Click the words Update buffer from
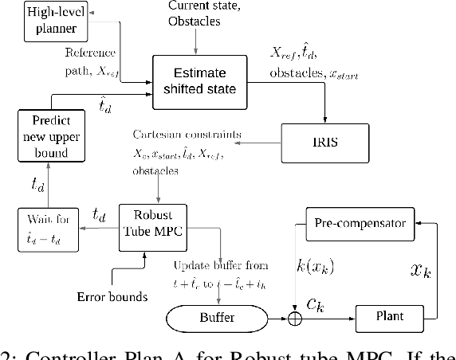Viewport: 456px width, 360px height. [220, 264]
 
